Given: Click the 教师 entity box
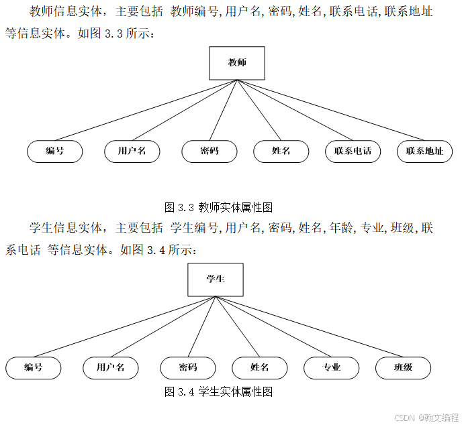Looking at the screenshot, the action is click(237, 63).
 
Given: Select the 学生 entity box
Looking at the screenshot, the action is click(216, 280).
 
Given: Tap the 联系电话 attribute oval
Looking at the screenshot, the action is click(353, 151).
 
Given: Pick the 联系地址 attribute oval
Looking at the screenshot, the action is click(424, 151).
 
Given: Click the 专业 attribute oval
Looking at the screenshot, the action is click(332, 368).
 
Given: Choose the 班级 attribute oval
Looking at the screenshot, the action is click(403, 368).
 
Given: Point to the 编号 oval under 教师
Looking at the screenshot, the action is click(55, 151).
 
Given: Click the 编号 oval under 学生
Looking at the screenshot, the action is click(34, 368).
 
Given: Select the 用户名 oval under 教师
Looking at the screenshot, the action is click(132, 151).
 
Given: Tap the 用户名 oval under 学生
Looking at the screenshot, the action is click(111, 368).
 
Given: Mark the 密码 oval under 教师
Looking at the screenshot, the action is click(210, 151).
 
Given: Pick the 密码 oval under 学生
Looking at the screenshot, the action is click(188, 368).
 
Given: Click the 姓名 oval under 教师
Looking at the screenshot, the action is click(281, 151).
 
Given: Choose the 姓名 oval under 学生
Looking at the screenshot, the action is click(259, 368).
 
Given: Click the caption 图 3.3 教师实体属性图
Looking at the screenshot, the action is click(218, 207).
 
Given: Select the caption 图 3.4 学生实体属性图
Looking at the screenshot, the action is click(218, 392).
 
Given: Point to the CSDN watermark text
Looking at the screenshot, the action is click(426, 418).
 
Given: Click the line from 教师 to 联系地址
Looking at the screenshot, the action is click(331, 110).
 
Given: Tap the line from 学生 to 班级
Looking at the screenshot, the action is click(310, 327).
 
